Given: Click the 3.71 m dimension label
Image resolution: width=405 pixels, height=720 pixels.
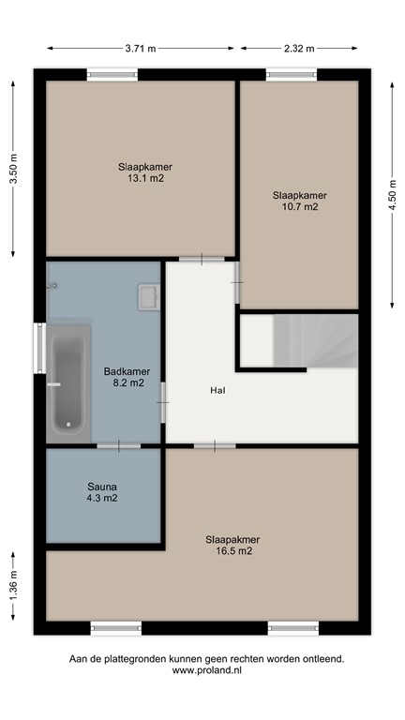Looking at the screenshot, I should [141, 49].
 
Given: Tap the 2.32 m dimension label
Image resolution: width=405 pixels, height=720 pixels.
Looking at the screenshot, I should [300, 49].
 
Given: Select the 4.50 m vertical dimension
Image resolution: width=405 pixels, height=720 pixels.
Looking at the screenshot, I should [392, 196].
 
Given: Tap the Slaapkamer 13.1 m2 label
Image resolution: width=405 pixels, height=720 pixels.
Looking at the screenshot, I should [145, 172].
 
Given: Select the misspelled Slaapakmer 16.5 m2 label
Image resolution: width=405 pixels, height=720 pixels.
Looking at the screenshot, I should [232, 546].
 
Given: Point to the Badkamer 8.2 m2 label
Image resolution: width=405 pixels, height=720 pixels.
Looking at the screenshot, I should [127, 377].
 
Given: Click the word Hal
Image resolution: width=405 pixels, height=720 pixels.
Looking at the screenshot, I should [217, 390].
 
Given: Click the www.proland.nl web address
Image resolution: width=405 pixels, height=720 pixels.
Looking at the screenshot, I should [206, 672].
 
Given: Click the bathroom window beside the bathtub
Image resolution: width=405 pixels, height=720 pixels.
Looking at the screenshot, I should [39, 348].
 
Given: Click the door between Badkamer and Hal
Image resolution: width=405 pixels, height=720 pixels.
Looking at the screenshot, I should [163, 402].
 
